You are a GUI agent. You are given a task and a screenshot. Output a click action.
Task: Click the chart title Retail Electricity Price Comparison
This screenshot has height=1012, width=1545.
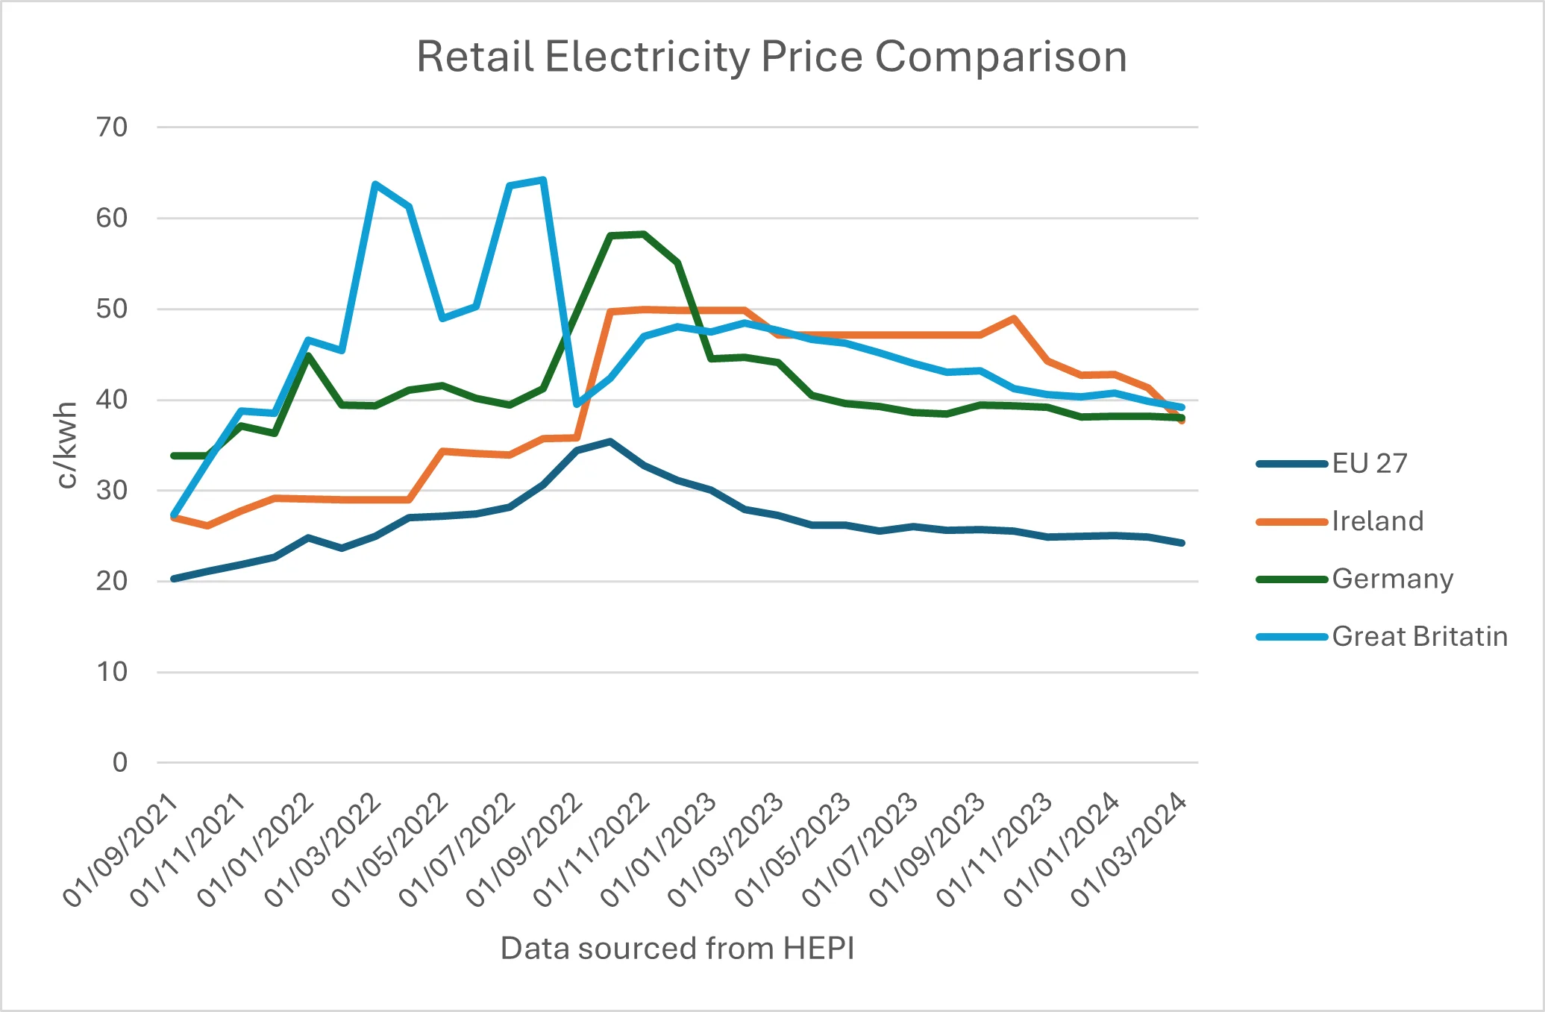(771, 57)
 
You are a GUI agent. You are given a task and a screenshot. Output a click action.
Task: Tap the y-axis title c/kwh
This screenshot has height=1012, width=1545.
(67, 445)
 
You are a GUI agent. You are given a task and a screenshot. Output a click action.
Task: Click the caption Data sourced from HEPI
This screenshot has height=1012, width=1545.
(677, 948)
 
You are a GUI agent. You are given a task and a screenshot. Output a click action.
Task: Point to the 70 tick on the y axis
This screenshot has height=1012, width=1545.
(112, 128)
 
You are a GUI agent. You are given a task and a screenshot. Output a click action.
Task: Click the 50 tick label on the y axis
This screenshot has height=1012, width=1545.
(112, 309)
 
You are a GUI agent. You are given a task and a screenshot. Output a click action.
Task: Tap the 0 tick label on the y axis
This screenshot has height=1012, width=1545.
(120, 762)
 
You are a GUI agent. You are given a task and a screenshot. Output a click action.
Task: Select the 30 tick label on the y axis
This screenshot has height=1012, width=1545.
(112, 491)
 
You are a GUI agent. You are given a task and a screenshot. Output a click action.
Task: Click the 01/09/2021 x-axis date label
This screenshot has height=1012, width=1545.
(121, 850)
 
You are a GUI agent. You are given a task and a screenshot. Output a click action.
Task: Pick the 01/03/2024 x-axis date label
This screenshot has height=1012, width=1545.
(1129, 850)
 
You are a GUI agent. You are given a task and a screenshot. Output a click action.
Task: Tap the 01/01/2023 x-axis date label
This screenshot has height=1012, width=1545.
(659, 850)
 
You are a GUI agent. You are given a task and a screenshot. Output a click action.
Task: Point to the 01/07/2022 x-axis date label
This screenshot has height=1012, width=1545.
(457, 850)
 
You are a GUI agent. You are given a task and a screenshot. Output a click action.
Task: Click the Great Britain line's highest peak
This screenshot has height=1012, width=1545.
(543, 180)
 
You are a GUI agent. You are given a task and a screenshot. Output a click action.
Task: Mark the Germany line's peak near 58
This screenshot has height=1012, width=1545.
(643, 234)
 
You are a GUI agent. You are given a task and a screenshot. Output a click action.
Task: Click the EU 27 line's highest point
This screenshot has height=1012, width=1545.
(610, 441)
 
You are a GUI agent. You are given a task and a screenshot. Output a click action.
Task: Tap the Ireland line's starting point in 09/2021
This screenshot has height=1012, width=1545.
(174, 517)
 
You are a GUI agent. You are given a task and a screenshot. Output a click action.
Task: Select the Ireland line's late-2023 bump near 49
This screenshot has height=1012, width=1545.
(1014, 318)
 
